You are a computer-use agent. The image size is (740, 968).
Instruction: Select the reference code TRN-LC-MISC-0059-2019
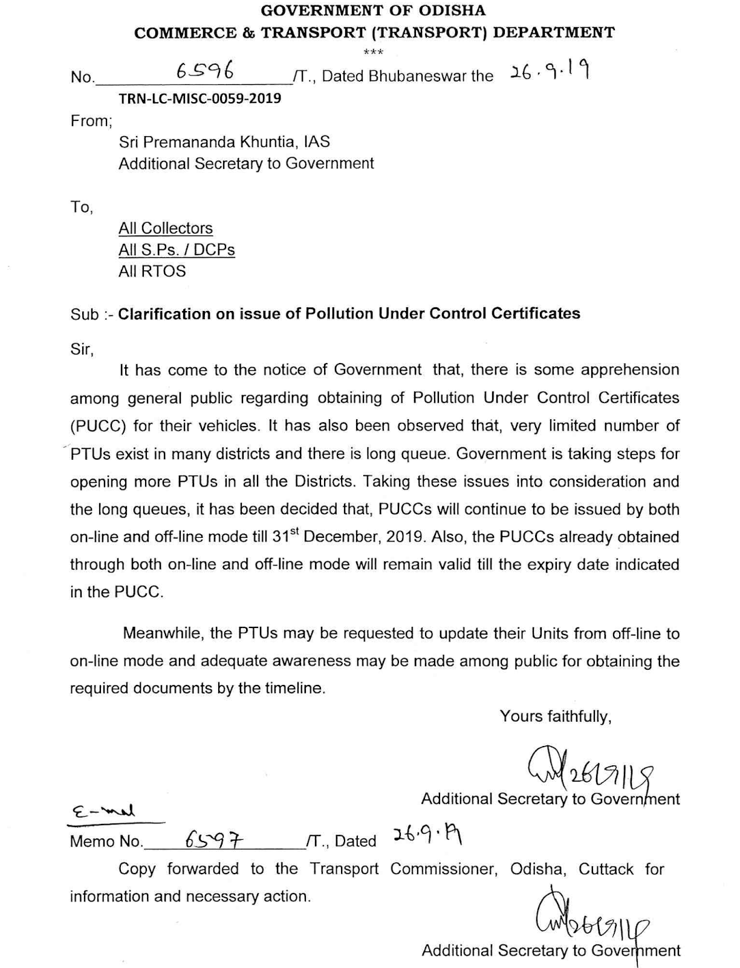(200, 98)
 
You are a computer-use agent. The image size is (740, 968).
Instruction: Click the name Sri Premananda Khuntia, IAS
(224, 142)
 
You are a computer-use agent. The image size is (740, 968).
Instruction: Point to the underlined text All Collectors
(166, 228)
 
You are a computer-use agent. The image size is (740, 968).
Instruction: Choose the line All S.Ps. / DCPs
(177, 250)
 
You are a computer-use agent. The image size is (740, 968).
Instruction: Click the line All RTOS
(152, 271)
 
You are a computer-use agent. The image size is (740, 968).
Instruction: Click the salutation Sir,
(82, 349)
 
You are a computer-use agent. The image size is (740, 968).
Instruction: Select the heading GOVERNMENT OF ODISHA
(374, 10)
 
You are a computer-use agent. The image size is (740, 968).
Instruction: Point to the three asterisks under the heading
(374, 53)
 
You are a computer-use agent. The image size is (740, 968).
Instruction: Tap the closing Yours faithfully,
(556, 716)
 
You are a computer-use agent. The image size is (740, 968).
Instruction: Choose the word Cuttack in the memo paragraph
(606, 869)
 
